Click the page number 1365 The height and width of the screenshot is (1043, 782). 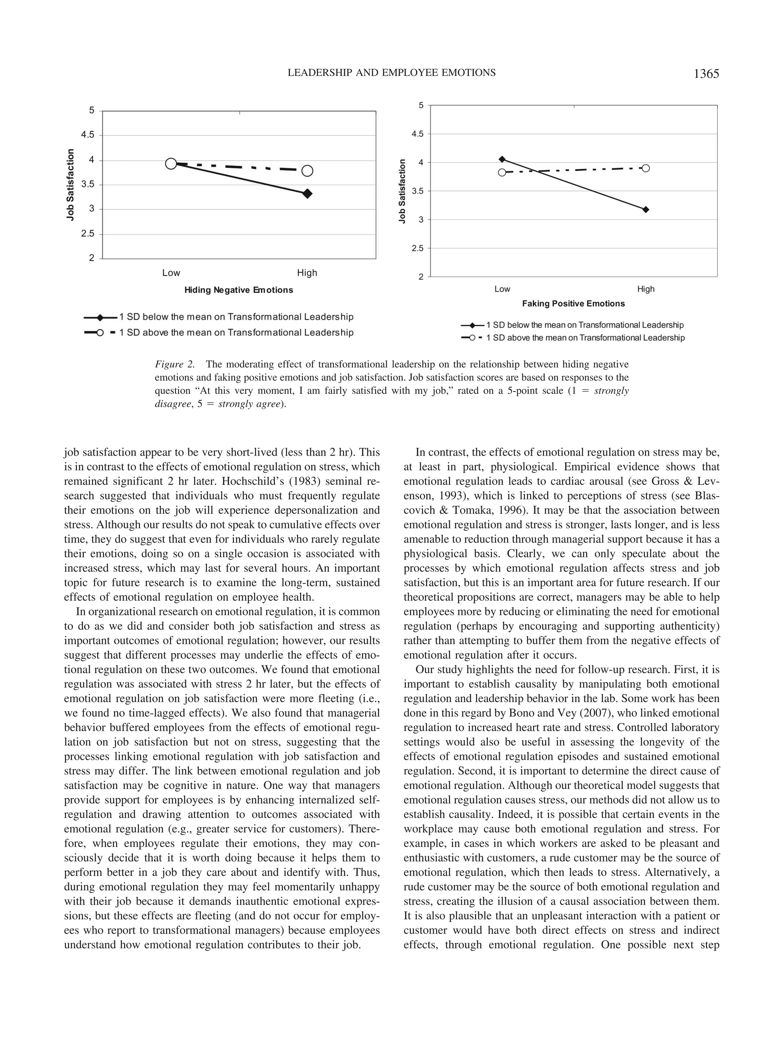tap(706, 74)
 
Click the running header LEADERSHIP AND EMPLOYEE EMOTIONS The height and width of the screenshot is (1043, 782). tap(391, 73)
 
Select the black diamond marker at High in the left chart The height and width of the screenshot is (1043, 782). tap(307, 193)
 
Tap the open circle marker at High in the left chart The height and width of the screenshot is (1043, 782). tap(307, 171)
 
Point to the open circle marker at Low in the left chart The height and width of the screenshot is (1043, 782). tap(171, 163)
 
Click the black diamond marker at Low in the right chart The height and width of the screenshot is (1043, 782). tap(502, 159)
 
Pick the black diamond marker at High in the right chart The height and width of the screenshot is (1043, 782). tap(646, 209)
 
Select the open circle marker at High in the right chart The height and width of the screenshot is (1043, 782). tap(646, 168)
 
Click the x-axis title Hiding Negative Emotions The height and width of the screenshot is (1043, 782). tap(239, 290)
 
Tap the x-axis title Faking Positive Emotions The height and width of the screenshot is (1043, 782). tap(573, 304)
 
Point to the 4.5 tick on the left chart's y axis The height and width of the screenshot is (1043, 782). tap(88, 135)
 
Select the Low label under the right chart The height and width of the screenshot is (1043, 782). tap(502, 289)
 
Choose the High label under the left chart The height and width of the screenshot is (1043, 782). tap(307, 273)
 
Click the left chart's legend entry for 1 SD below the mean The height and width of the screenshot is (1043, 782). tap(236, 317)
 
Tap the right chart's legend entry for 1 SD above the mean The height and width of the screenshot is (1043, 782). tap(585, 338)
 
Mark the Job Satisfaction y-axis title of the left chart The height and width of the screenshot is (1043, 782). tap(71, 185)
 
